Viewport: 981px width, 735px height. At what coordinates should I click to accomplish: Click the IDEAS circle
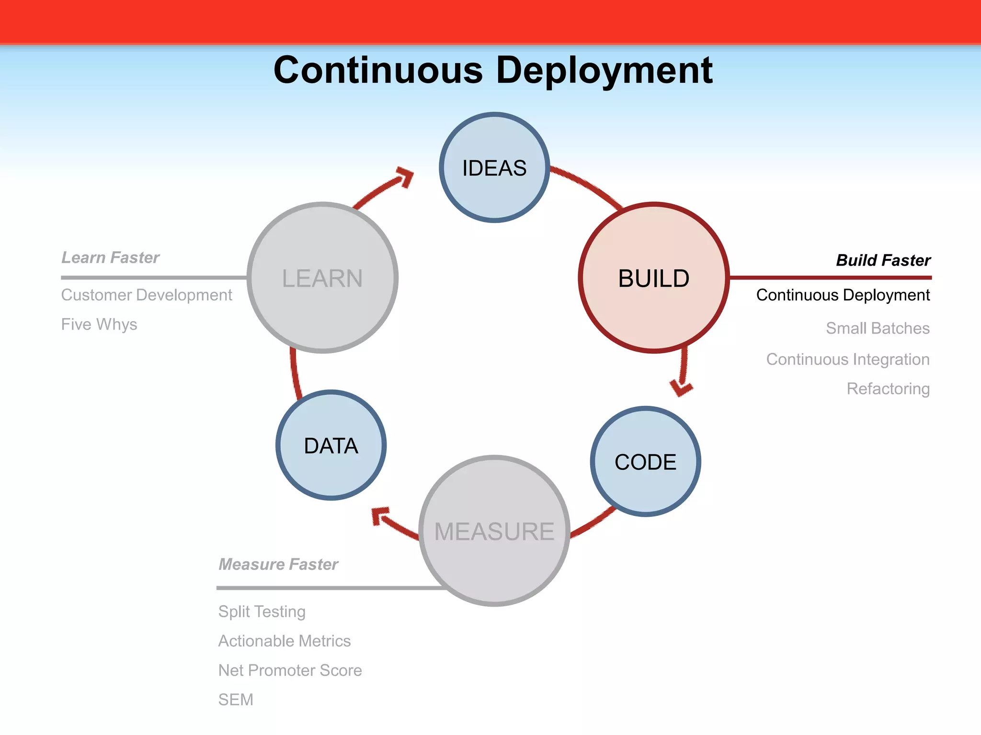coord(494,167)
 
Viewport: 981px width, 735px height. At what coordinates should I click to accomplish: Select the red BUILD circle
coord(653,278)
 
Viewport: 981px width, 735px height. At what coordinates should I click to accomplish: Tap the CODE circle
coord(645,462)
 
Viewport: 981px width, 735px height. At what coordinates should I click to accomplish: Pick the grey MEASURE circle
coord(494,531)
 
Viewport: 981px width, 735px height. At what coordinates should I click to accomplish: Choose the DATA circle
coord(331,445)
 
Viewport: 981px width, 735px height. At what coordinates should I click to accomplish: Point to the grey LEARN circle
coord(322,278)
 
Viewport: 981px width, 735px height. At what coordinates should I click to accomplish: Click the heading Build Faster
coord(883,260)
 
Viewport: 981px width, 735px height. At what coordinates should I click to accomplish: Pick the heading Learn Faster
coord(110,257)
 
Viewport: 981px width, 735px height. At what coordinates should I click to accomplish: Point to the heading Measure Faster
coord(278,564)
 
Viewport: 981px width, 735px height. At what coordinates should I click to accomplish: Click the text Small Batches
coord(878,328)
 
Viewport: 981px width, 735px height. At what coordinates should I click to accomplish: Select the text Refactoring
coord(888,389)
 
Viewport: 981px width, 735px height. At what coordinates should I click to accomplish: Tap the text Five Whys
coord(99,324)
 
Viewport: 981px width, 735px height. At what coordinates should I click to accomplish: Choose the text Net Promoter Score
coord(290,670)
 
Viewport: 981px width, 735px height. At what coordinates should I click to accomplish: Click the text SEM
coord(236,700)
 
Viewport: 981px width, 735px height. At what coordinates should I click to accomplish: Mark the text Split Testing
coord(262,612)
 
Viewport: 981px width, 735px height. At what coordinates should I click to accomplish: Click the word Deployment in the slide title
coord(605,70)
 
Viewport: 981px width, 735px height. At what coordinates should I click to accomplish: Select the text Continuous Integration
coord(848,359)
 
